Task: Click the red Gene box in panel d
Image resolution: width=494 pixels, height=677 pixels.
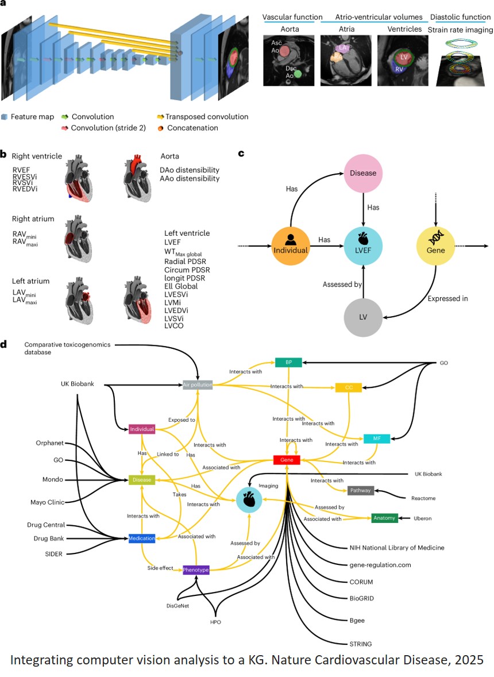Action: tap(287, 460)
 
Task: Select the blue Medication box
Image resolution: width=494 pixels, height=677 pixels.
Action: tap(141, 538)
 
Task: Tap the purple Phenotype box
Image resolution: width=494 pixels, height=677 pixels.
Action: tap(196, 570)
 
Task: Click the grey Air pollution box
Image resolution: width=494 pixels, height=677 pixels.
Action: tap(198, 384)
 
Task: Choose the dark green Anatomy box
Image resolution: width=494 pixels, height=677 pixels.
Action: tap(384, 518)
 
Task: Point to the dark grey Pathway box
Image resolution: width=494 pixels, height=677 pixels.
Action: tap(360, 490)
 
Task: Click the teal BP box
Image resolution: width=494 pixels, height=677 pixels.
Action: tap(288, 362)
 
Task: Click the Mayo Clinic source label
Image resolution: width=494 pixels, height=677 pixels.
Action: tap(47, 502)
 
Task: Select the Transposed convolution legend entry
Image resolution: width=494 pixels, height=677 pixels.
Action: tap(207, 117)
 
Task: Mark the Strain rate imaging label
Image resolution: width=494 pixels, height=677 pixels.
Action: tap(460, 29)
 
